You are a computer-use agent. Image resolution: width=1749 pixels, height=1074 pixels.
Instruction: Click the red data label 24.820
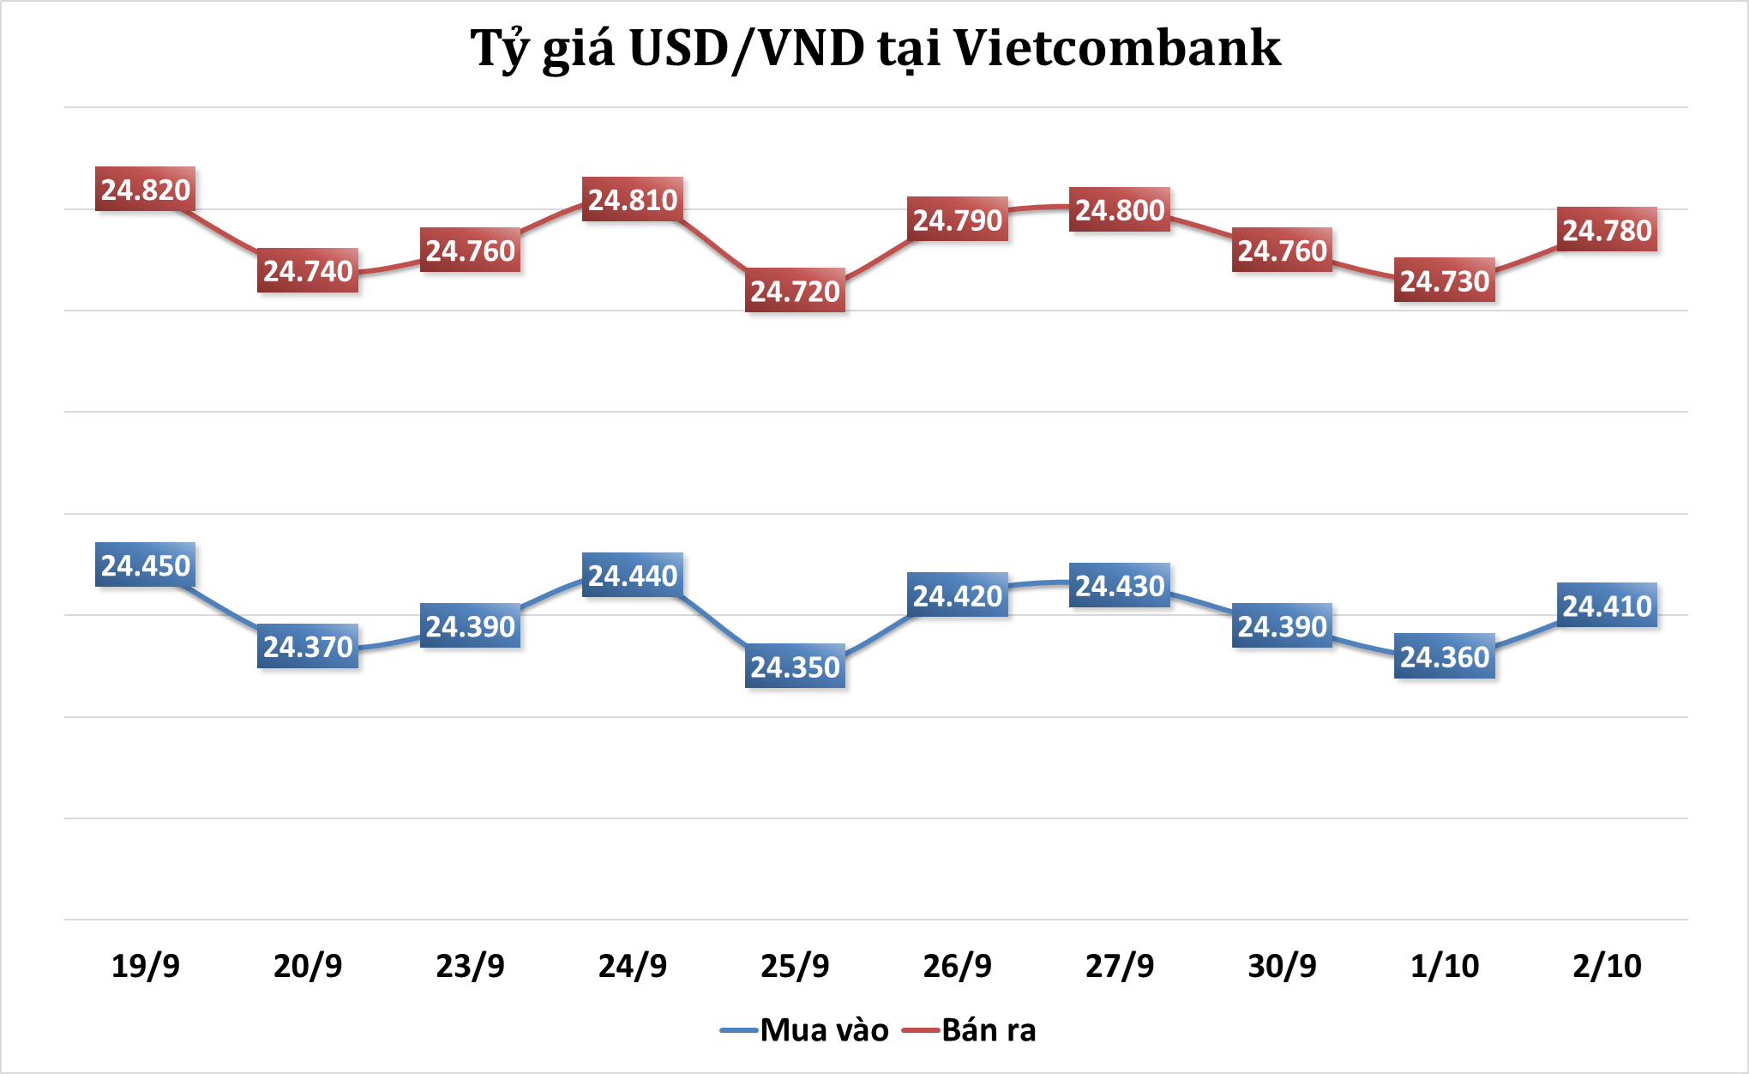click(145, 190)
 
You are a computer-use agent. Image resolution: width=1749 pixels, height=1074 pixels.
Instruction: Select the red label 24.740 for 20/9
click(308, 271)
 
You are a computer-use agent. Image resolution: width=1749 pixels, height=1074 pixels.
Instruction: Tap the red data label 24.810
click(633, 200)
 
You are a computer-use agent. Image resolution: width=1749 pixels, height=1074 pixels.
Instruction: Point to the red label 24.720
click(795, 292)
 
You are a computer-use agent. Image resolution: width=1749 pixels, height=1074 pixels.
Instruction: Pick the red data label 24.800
click(1120, 210)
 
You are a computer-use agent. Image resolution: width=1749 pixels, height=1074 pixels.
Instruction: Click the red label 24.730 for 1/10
click(1445, 281)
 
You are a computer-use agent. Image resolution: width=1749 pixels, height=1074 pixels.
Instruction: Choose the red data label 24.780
click(1607, 231)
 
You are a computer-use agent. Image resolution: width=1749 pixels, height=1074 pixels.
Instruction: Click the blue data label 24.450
click(145, 565)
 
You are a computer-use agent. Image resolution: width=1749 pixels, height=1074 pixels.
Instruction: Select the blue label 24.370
click(308, 647)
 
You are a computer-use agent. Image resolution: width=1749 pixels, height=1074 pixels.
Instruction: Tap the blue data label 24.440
click(633, 576)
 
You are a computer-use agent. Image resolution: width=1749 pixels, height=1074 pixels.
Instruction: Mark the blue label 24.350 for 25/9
click(795, 667)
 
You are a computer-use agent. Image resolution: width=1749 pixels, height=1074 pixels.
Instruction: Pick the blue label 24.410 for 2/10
click(1607, 606)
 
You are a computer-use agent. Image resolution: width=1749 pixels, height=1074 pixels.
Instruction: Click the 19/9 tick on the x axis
click(146, 966)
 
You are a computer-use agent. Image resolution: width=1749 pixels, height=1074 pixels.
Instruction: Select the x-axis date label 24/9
click(633, 966)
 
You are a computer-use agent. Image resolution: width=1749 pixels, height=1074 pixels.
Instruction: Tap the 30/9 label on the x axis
click(1282, 966)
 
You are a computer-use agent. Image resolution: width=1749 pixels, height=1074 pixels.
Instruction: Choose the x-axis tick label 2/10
click(1607, 966)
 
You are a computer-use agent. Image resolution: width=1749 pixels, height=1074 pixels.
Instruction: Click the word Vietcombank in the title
click(1116, 48)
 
